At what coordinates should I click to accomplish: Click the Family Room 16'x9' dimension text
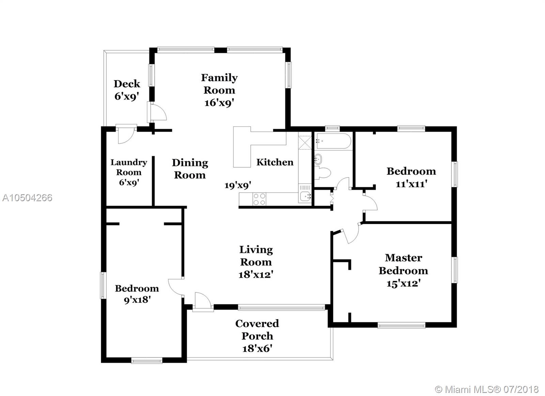[219, 103]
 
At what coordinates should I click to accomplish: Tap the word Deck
[127, 84]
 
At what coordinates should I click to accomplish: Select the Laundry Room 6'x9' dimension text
[129, 182]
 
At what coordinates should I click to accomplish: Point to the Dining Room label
[190, 169]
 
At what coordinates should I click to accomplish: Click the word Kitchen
[275, 162]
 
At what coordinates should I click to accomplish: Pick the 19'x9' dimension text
[238, 186]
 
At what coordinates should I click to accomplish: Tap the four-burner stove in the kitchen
[259, 199]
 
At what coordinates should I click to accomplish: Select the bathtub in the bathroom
[333, 141]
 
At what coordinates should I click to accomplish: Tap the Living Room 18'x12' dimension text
[256, 275]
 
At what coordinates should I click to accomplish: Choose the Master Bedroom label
[403, 265]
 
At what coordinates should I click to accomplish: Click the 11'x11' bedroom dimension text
[411, 184]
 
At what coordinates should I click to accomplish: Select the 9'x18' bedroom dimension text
[137, 300]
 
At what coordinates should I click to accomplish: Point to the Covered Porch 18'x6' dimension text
[257, 349]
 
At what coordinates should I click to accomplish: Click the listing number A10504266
[27, 198]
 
